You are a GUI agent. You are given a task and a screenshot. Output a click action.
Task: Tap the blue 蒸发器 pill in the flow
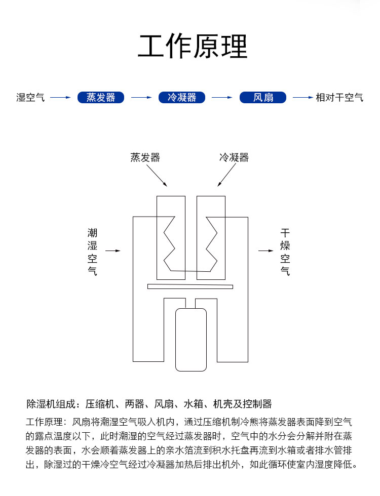tap(101, 97)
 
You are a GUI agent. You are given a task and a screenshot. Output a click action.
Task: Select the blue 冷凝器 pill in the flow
tap(182, 97)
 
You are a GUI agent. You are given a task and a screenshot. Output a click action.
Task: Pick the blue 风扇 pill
tap(263, 97)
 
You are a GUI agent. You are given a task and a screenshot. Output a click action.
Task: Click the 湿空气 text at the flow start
tap(30, 97)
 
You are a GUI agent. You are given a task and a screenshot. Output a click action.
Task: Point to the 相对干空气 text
tap(339, 97)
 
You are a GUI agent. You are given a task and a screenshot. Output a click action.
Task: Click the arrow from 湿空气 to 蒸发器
tap(60, 97)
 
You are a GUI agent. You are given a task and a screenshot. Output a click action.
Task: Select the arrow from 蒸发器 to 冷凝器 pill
tap(141, 97)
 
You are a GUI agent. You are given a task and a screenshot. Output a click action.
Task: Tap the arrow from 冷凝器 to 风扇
tap(222, 97)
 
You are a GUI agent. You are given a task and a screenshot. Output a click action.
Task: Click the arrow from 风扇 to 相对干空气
tap(303, 97)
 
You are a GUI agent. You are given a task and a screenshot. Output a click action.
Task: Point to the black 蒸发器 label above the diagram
tap(145, 157)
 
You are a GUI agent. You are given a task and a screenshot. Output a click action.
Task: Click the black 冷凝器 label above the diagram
tap(234, 157)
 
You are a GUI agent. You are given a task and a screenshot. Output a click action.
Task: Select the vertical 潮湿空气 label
tap(92, 252)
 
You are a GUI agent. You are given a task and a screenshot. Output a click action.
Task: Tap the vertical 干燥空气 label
tap(285, 252)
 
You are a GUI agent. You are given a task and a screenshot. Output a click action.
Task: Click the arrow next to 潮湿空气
tap(112, 251)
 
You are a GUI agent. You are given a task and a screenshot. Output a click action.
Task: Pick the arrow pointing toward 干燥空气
tap(265, 251)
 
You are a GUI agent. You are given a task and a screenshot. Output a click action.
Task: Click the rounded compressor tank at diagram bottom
tap(191, 340)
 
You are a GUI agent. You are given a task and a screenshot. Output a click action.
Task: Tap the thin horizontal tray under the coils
tap(191, 286)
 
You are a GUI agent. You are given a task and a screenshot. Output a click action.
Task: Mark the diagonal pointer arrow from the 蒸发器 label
tap(157, 176)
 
